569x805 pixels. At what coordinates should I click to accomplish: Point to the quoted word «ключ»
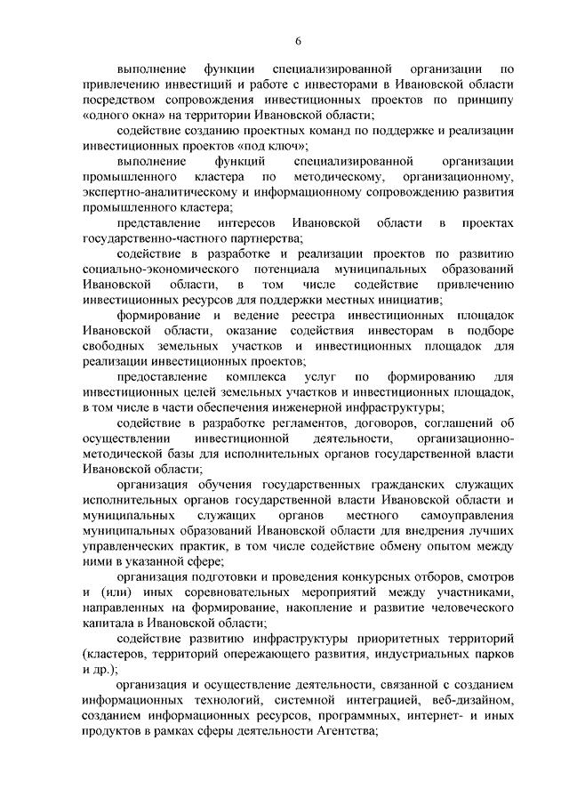coord(285,146)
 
